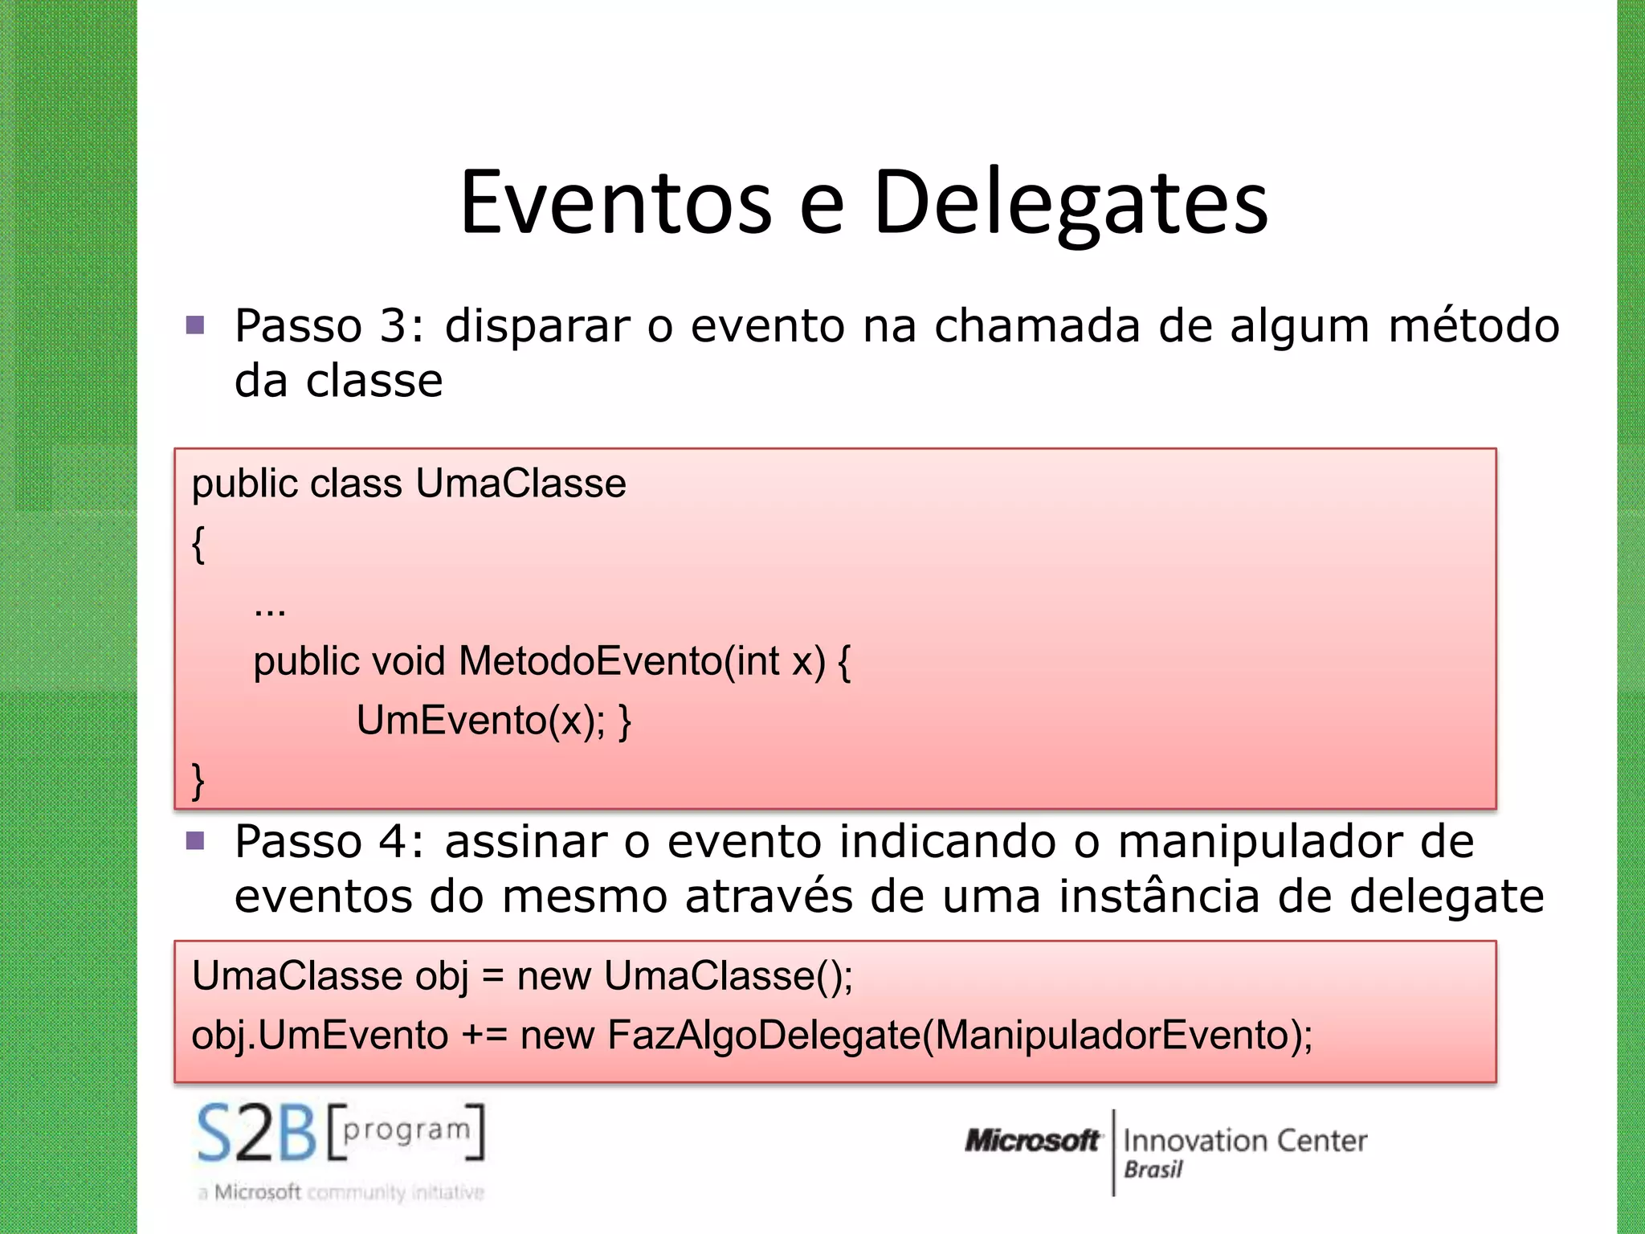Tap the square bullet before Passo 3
click(195, 325)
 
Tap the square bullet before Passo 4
click(195, 841)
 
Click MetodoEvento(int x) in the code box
click(643, 661)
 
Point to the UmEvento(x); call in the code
click(481, 720)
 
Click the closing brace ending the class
click(198, 780)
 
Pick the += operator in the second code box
click(484, 1035)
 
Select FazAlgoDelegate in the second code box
click(764, 1035)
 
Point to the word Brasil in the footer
click(1153, 1170)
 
